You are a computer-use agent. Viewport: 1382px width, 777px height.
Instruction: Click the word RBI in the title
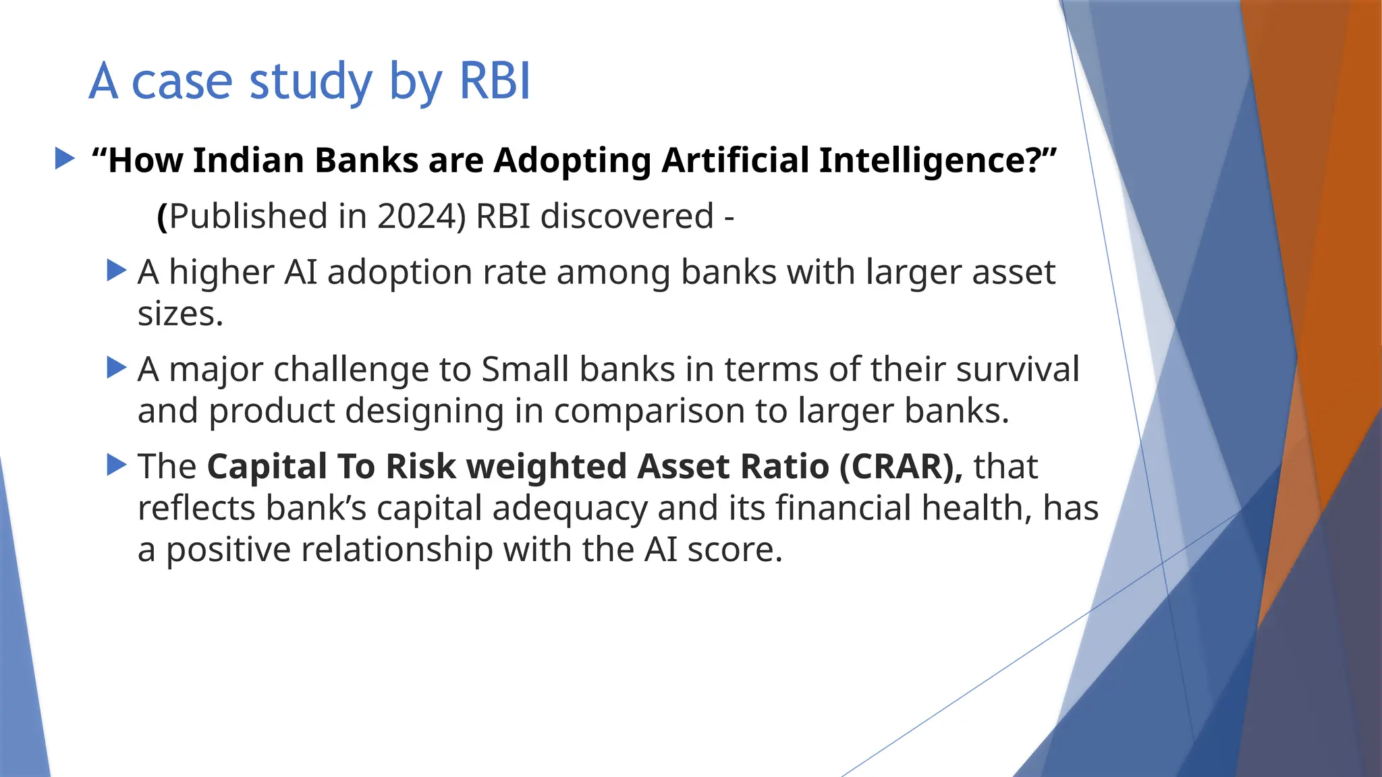point(495,81)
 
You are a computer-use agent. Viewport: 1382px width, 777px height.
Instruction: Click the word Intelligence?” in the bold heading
point(938,161)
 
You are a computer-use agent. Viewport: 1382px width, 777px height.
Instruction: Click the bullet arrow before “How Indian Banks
point(65,159)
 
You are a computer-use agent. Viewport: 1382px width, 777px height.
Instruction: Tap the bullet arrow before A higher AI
point(117,271)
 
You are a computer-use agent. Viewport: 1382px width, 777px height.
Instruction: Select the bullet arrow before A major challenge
point(117,368)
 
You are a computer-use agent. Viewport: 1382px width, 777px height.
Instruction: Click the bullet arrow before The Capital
point(117,465)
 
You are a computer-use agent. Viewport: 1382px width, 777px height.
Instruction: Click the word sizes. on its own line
point(180,314)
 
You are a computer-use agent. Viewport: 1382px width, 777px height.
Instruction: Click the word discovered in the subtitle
point(627,217)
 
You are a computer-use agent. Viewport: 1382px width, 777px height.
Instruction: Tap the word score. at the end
point(735,550)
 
